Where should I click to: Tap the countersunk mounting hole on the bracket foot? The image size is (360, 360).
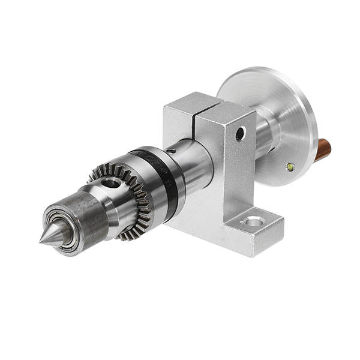tap(253, 223)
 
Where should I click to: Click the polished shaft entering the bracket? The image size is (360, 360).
tap(195, 162)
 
